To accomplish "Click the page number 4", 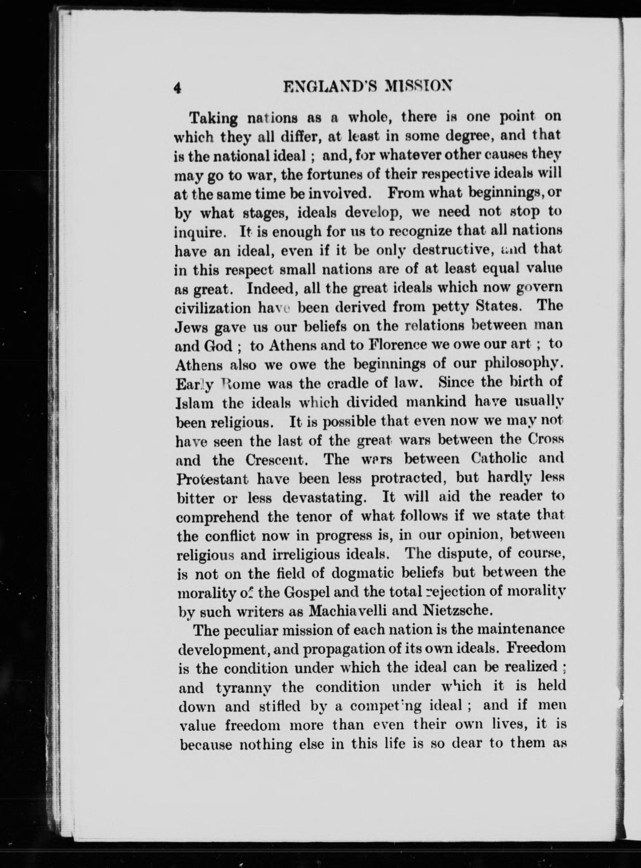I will (177, 88).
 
